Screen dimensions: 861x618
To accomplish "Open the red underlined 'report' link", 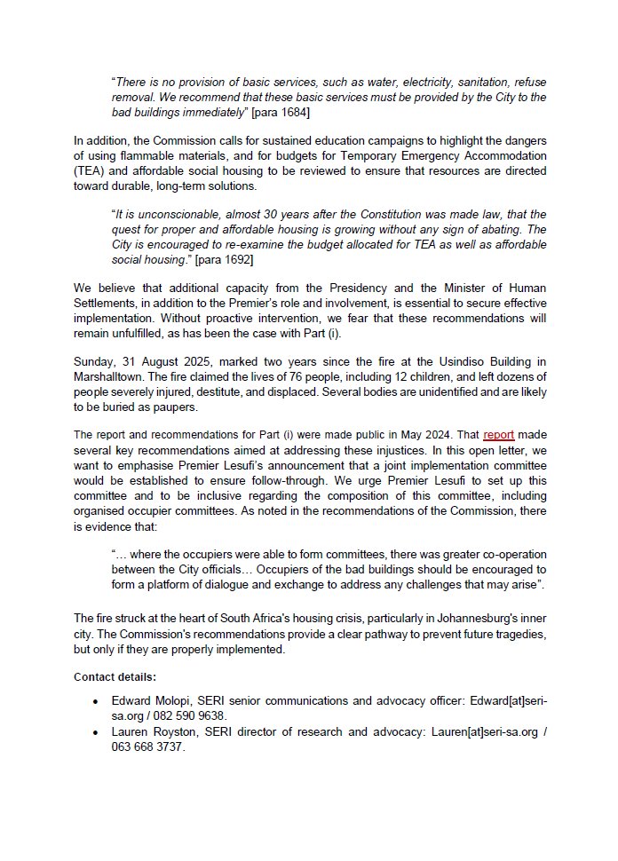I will [499, 435].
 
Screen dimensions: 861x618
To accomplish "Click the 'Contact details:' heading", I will [115, 676].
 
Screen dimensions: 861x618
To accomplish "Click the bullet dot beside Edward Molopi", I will [95, 701].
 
